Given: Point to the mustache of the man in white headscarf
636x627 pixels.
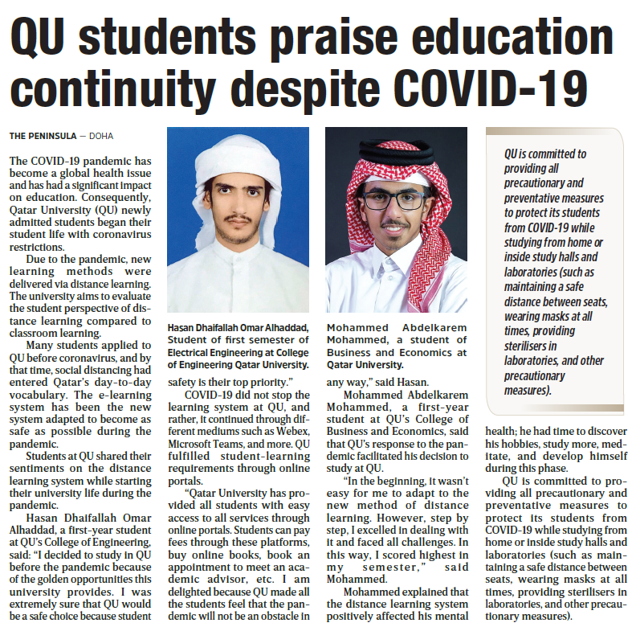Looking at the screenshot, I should (238, 218).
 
